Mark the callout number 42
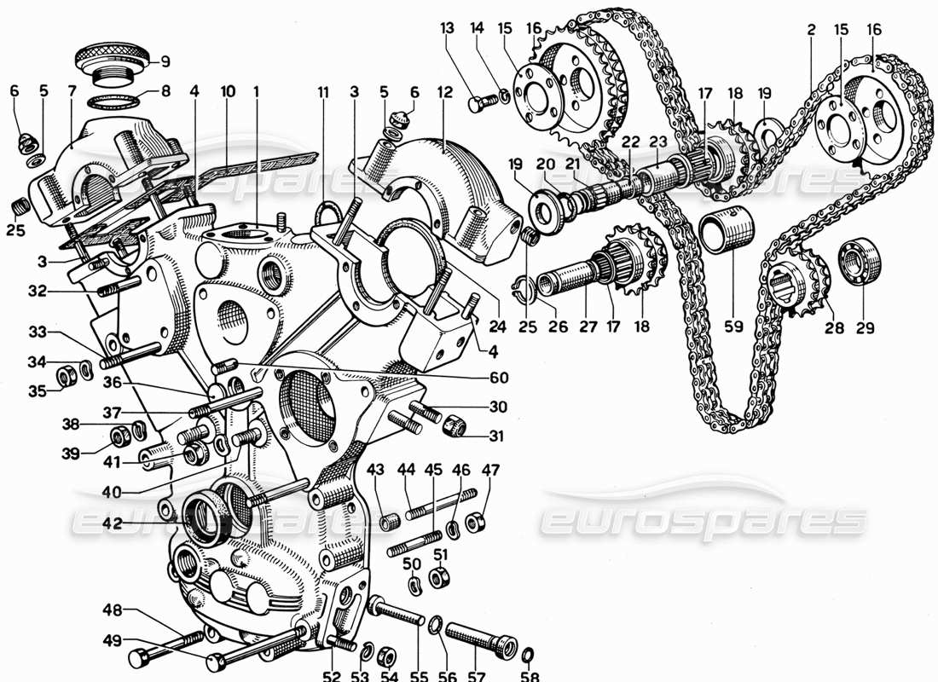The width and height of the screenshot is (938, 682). pyautogui.click(x=112, y=523)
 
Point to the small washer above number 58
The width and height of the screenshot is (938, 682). pyautogui.click(x=527, y=654)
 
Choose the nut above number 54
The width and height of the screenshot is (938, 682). pyautogui.click(x=384, y=653)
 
